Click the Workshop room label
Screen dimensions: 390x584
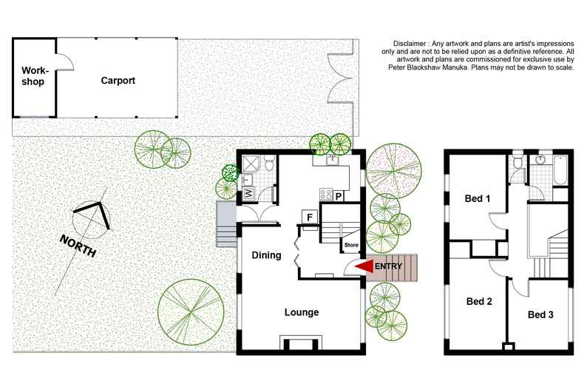tap(33, 75)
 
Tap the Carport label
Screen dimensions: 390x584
tap(118, 80)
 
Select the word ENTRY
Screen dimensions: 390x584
tap(390, 266)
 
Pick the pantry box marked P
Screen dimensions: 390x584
tap(339, 196)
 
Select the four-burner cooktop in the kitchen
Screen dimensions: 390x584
tap(325, 195)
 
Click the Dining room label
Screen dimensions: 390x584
tap(266, 256)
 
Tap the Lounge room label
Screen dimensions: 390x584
tap(302, 312)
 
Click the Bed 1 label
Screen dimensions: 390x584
tap(477, 198)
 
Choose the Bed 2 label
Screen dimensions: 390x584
tap(479, 301)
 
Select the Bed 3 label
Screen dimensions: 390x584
tap(540, 315)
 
